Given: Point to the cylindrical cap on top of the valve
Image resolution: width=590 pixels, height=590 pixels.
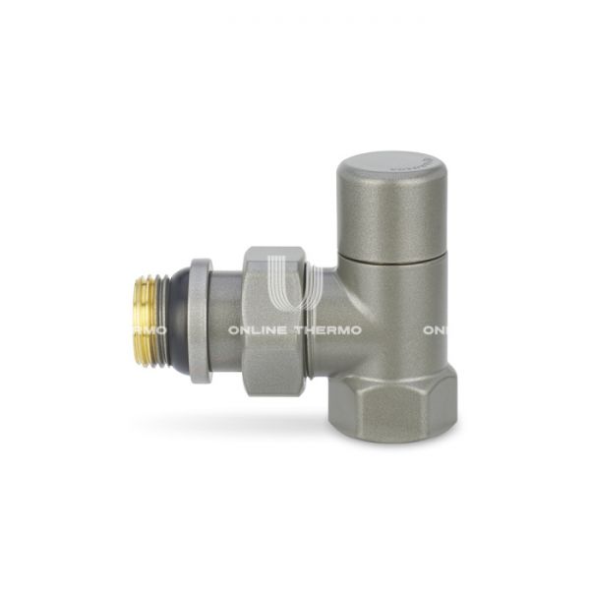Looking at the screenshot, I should pos(391,202).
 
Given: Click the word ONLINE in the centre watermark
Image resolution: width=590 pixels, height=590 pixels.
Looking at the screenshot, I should pos(259,330).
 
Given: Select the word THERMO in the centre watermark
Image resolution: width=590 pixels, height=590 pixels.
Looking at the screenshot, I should pos(327,330).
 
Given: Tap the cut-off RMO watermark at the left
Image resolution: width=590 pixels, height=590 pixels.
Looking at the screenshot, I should pos(147,330).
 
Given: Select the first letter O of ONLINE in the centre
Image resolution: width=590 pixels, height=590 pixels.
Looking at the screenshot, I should pos(235,330).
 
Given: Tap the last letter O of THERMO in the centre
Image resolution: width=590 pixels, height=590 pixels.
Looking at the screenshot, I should pos(355,330).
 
